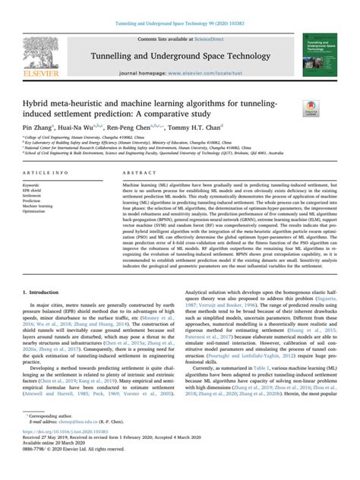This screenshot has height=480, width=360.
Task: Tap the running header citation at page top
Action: click(x=180, y=7)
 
